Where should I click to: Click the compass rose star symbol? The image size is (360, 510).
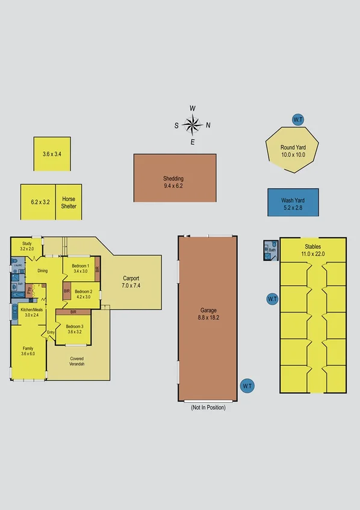pyautogui.click(x=192, y=125)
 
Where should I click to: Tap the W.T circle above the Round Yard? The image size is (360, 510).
pyautogui.click(x=297, y=120)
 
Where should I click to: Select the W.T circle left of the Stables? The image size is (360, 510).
pyautogui.click(x=272, y=299)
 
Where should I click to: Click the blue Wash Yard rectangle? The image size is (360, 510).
pyautogui.click(x=293, y=202)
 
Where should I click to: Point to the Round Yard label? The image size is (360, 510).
pyautogui.click(x=293, y=148)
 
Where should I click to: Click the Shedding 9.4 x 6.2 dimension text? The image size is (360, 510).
pyautogui.click(x=173, y=186)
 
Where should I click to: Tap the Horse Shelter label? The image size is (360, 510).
pyautogui.click(x=69, y=202)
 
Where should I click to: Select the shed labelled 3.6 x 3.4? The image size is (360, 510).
pyautogui.click(x=52, y=154)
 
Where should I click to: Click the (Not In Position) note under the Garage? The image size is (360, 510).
pyautogui.click(x=208, y=408)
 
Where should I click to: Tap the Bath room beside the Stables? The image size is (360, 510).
pyautogui.click(x=271, y=250)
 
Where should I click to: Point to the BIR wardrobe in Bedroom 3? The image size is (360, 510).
pyautogui.click(x=73, y=312)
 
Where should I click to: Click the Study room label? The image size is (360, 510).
pyautogui.click(x=26, y=245)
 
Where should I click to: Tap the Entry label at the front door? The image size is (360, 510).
pyautogui.click(x=51, y=332)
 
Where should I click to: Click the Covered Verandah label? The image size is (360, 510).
pyautogui.click(x=76, y=361)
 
